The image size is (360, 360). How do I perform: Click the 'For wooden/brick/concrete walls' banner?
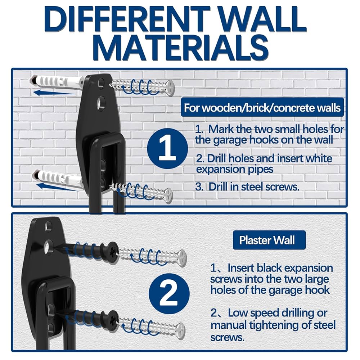[x=262, y=108]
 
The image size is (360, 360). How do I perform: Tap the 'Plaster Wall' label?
[x=267, y=240]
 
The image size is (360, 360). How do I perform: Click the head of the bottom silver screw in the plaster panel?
[x=180, y=329]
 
